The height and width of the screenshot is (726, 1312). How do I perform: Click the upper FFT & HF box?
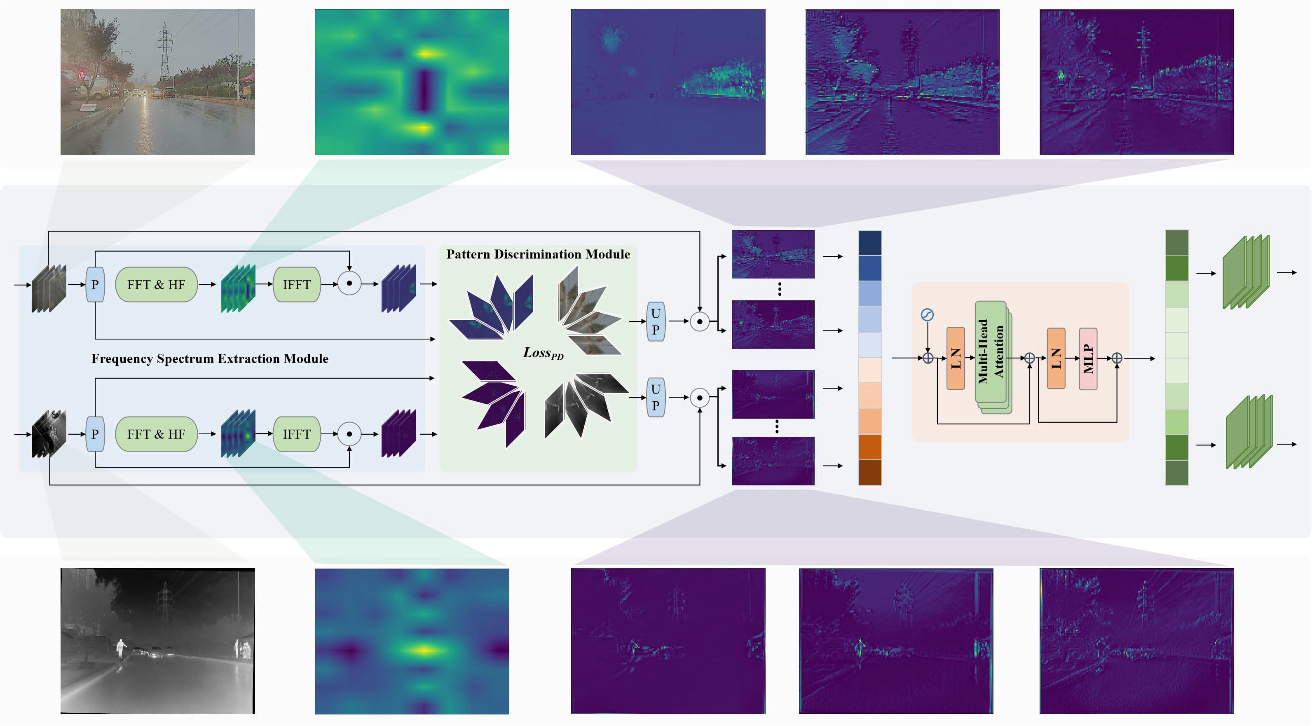(156, 285)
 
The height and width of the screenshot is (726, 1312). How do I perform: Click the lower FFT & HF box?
(156, 434)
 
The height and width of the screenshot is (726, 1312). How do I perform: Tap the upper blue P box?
(95, 285)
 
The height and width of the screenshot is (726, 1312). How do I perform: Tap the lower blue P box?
(95, 434)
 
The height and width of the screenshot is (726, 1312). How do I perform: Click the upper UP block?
(656, 321)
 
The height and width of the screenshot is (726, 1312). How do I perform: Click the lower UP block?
(656, 397)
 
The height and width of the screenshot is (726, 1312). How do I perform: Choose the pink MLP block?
(1088, 359)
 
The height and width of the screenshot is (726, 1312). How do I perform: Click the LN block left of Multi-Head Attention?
(956, 358)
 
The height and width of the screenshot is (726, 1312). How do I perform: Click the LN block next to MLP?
(1056, 358)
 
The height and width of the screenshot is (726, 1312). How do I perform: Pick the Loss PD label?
(543, 353)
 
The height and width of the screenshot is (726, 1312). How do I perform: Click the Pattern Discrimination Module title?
(538, 254)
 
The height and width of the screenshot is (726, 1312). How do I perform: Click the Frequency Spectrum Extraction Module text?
(209, 358)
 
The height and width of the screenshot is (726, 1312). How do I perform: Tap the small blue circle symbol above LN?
(927, 315)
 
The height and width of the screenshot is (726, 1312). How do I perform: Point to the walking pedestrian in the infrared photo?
(121, 649)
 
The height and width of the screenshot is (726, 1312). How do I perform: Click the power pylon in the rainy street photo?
(164, 51)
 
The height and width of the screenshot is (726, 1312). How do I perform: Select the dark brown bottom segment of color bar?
(870, 473)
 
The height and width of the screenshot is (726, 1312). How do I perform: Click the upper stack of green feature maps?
(1246, 272)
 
